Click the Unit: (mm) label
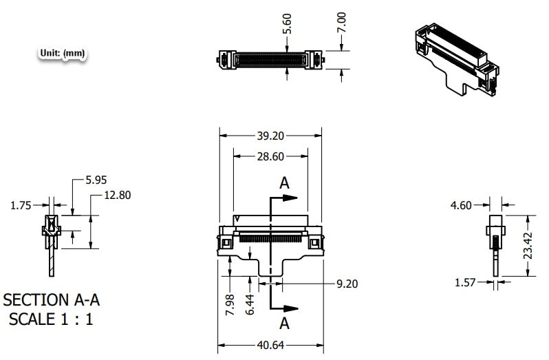pos(63,53)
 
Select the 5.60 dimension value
pos(288,25)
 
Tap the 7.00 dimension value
pos(342,22)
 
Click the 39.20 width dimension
pos(270,136)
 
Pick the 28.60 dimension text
pos(270,157)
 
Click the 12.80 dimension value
pos(117,195)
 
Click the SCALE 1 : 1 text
pos(50,320)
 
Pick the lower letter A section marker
pos(284,324)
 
